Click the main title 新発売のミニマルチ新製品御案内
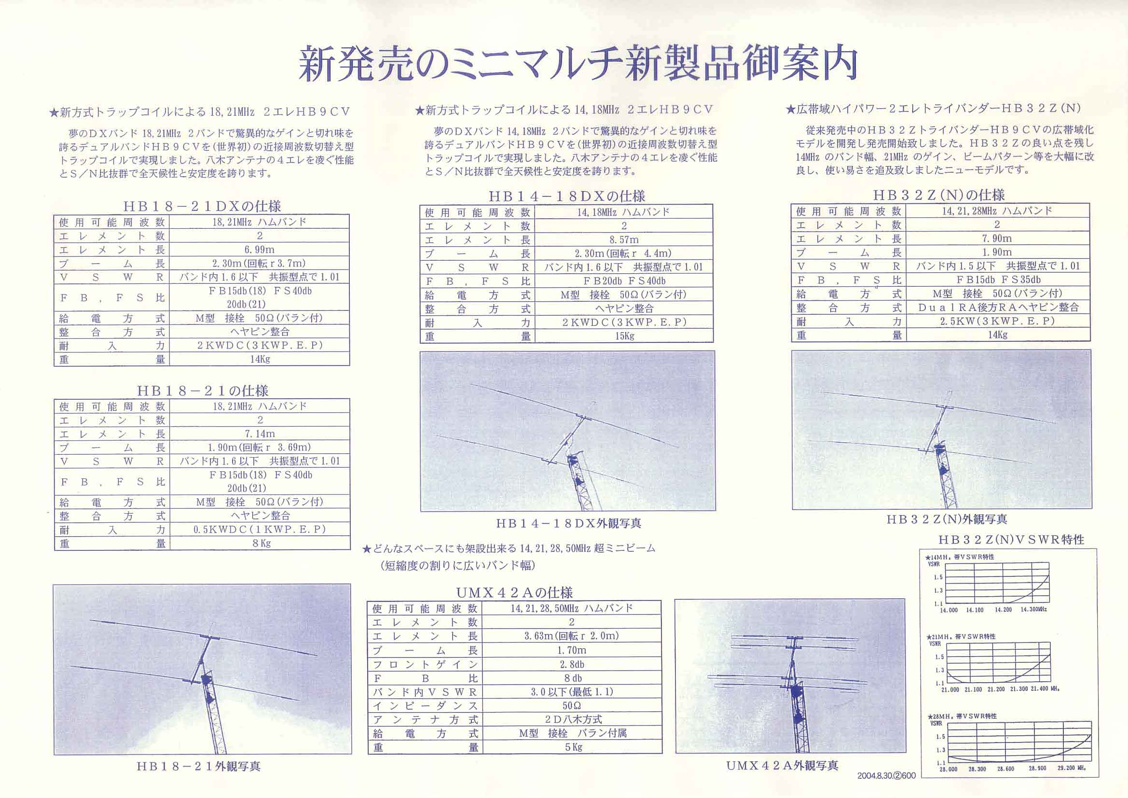point(578,64)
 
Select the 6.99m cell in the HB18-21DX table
point(260,249)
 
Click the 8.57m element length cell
point(624,240)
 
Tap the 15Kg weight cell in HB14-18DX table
point(624,336)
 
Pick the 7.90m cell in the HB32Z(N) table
point(997,238)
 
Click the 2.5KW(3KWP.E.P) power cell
point(997,321)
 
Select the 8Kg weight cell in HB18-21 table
point(260,543)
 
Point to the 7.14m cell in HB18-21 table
point(260,434)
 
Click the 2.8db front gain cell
point(572,664)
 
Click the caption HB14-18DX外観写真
point(568,523)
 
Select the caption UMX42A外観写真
point(782,766)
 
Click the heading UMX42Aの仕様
point(514,592)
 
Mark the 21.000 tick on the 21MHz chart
point(950,689)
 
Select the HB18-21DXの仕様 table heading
point(202,206)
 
